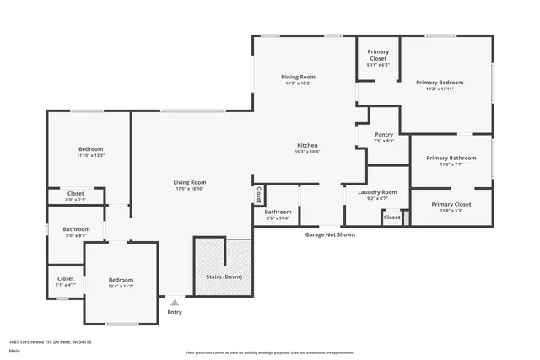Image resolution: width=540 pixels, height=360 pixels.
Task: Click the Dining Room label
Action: (x=298, y=77)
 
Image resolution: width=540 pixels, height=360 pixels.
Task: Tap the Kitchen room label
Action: (x=306, y=145)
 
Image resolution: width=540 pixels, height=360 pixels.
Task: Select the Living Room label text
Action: (x=190, y=182)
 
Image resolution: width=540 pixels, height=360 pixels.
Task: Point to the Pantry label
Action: (x=384, y=134)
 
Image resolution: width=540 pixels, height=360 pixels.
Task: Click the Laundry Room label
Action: (x=377, y=191)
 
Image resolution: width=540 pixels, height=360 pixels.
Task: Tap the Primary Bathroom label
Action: (x=451, y=158)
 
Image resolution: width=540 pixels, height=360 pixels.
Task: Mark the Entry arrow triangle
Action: (x=175, y=301)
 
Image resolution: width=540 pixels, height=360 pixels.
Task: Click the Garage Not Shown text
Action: (x=330, y=234)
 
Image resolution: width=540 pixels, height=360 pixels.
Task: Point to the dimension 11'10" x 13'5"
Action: (x=90, y=155)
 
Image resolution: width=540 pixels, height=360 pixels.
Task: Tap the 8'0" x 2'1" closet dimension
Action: (x=76, y=199)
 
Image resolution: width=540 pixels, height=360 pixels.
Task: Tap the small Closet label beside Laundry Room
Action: (x=391, y=218)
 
